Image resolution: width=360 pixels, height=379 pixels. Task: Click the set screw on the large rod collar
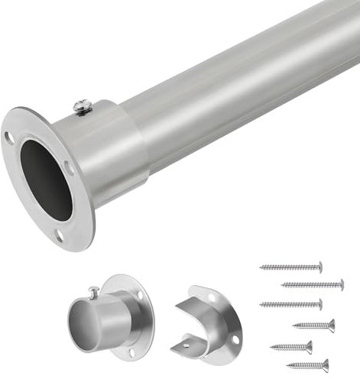82,107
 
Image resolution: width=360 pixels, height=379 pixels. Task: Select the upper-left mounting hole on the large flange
9,138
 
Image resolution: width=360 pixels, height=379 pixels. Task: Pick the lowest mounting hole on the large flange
60,234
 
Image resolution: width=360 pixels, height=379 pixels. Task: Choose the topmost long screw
290,267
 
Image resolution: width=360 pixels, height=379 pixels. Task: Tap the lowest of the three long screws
290,304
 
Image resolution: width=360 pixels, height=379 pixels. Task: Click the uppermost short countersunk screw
313,326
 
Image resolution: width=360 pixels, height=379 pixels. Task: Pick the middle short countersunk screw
290,347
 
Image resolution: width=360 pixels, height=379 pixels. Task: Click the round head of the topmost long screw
319,267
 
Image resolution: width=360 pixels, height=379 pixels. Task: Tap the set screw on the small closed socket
93,292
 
